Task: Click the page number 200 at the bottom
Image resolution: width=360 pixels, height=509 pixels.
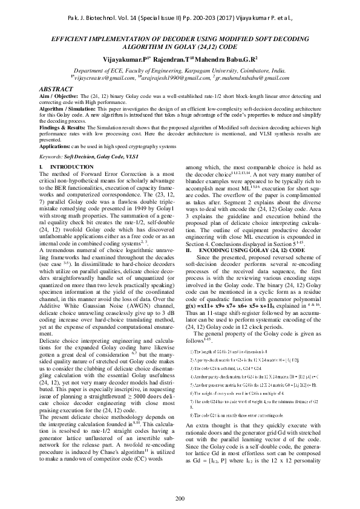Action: tap(180, 498)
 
